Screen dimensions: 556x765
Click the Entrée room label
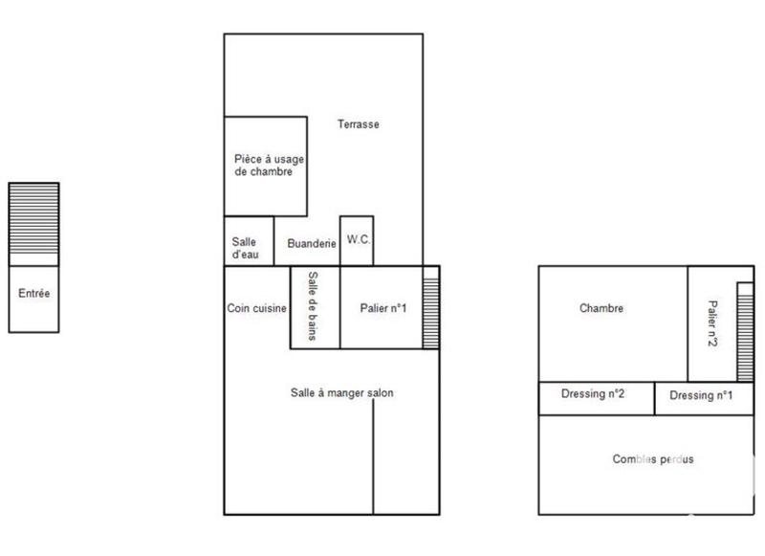coord(34,294)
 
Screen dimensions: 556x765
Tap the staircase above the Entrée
coord(34,219)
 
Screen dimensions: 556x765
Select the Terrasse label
coord(359,124)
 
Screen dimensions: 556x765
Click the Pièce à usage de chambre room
coord(264,166)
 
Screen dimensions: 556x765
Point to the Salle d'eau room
coord(244,248)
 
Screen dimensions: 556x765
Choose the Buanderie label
coord(312,244)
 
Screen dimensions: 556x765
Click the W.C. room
coord(358,238)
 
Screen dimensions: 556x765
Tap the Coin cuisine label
coord(256,308)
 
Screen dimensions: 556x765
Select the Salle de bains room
coord(314,306)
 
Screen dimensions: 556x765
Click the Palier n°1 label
coord(383,308)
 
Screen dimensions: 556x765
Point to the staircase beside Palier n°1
coord(430,306)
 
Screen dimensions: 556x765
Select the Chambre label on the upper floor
coord(601,308)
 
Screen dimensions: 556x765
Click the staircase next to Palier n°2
coord(743,331)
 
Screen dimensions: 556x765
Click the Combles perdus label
coord(653,459)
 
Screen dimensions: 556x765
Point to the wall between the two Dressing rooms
coord(654,398)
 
